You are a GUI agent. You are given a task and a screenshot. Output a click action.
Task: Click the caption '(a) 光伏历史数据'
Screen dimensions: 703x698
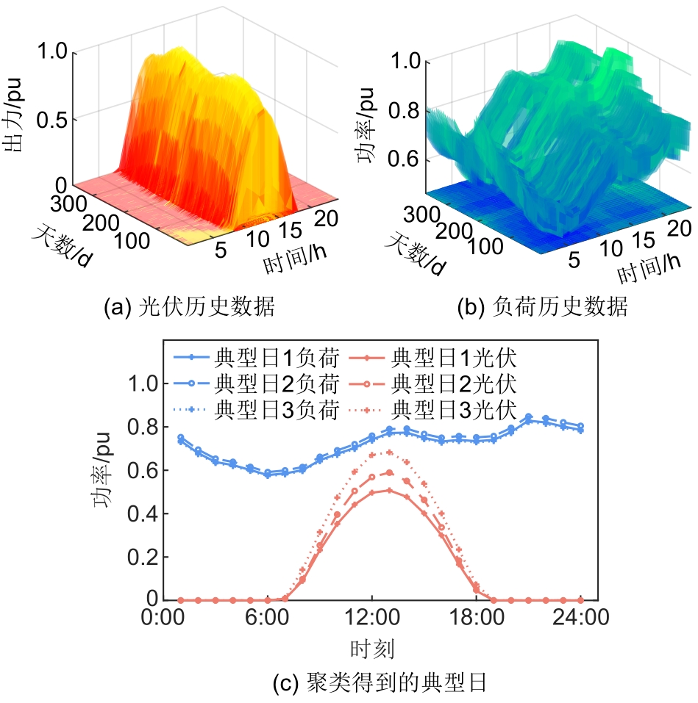(190, 308)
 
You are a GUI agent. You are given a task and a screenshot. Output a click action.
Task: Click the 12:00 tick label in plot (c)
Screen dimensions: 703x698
(372, 619)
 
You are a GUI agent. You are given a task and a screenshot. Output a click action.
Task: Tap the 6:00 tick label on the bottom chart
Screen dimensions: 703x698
(268, 619)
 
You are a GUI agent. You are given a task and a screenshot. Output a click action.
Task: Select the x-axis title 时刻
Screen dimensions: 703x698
(372, 648)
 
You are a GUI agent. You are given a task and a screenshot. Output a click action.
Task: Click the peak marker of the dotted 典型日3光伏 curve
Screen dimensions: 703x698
(389, 453)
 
